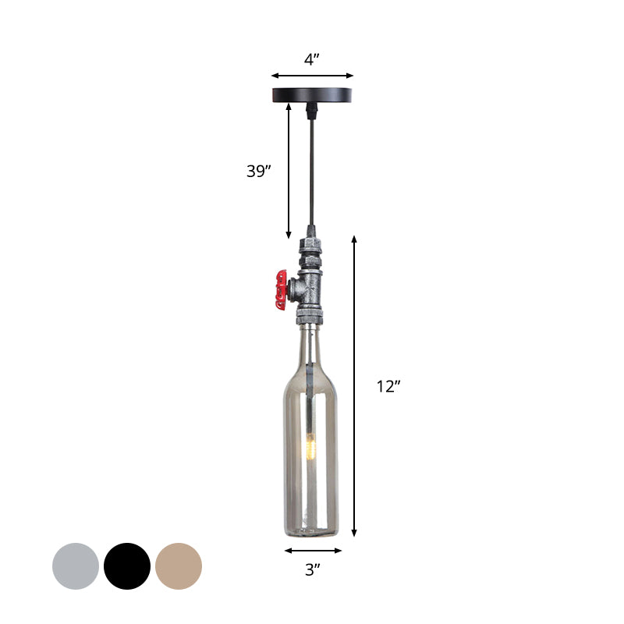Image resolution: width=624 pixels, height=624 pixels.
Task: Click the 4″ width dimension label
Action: (x=312, y=59)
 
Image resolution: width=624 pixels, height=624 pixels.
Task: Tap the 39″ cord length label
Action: (x=258, y=172)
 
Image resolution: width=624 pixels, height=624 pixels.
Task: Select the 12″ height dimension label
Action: (x=388, y=386)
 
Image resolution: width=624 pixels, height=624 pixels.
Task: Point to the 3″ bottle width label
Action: (x=312, y=570)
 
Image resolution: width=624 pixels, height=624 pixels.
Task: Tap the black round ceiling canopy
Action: (x=312, y=96)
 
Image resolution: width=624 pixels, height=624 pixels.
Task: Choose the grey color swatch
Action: (x=76, y=565)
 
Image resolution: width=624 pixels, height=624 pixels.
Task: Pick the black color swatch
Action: (x=127, y=565)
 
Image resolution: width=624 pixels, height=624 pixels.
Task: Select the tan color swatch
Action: (x=179, y=565)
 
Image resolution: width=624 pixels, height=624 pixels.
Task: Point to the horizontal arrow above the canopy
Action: (x=312, y=76)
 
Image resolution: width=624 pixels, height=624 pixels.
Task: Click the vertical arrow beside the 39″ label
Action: (x=289, y=172)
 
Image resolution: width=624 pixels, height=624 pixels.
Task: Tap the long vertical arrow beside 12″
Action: (x=355, y=386)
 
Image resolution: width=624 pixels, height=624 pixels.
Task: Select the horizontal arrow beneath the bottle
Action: (x=312, y=551)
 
